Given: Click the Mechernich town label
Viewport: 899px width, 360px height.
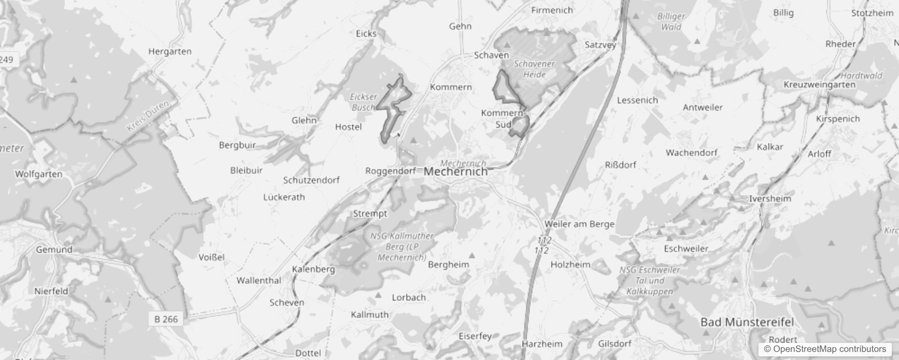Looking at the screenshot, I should [456, 171].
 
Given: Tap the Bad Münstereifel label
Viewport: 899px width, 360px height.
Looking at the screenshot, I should [747, 322].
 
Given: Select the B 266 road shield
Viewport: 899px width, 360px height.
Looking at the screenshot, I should [166, 319].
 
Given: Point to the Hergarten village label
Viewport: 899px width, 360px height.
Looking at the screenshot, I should [170, 52].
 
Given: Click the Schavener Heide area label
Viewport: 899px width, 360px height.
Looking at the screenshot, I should [535, 69].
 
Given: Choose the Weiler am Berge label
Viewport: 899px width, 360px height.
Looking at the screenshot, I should [579, 224].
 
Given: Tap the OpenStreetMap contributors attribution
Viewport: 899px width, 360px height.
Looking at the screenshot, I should [825, 349].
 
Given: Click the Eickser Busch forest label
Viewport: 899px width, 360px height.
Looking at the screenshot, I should [364, 102].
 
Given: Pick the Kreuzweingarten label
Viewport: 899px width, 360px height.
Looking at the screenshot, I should [819, 85].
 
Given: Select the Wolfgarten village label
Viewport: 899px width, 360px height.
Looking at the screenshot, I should [39, 174].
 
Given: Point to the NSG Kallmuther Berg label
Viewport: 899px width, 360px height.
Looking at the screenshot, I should [402, 247].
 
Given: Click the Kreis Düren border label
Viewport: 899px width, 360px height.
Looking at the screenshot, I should [148, 116].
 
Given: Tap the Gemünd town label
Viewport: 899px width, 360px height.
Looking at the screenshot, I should [54, 249].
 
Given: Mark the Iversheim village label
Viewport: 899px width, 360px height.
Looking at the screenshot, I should [770, 198].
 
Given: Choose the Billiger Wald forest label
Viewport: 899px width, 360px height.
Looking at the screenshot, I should [671, 22].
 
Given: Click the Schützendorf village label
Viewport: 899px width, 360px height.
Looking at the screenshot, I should [311, 180].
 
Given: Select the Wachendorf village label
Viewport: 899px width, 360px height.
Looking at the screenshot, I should [691, 153].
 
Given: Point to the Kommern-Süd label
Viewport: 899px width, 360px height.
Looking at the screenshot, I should [503, 118].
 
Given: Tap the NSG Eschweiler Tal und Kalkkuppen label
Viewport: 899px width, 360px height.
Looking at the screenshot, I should [650, 280].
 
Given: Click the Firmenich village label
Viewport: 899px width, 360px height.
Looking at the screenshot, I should [552, 10].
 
